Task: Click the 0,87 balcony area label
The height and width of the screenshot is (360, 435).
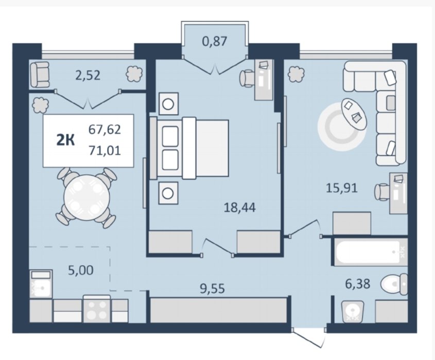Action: [x=215, y=42]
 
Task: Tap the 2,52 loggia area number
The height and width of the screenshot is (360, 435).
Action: [x=88, y=76]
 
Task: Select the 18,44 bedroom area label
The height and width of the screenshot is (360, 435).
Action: [x=240, y=207]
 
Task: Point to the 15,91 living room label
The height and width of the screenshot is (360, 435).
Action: [x=342, y=188]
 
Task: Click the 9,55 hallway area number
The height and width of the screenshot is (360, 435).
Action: [x=212, y=289]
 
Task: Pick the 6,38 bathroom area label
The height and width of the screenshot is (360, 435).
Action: [x=358, y=284]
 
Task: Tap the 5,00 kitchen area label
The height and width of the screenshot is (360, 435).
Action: [x=81, y=270]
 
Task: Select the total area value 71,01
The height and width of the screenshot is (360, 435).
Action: [x=105, y=151]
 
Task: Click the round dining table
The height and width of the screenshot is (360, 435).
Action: [x=87, y=197]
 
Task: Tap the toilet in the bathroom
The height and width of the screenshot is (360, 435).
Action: [x=394, y=284]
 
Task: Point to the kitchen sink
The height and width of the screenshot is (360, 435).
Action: [x=41, y=284]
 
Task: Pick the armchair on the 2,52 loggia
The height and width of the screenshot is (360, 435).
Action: [x=40, y=74]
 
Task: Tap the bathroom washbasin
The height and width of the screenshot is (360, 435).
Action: [x=353, y=312]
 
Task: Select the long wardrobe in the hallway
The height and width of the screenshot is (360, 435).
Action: [x=218, y=310]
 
